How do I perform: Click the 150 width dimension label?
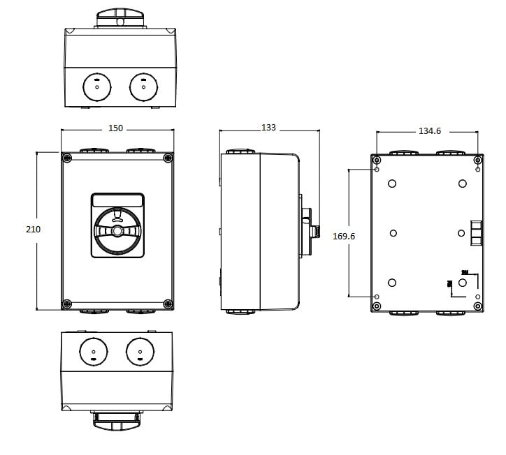pos(116,128)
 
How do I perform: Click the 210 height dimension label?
pos(33,230)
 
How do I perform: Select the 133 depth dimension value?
pos(268,128)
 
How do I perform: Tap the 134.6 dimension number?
pos(429,131)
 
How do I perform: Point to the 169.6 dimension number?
pos(343,237)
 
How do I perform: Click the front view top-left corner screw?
pos(67,158)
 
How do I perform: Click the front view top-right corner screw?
pos(167,158)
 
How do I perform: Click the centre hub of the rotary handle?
pos(117,231)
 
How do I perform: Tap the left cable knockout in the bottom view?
pos(93,351)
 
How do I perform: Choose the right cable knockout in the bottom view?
pos(140,351)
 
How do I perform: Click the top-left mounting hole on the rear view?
pos(377,170)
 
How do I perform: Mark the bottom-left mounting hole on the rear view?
pos(377,297)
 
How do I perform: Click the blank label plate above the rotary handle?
pos(117,201)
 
